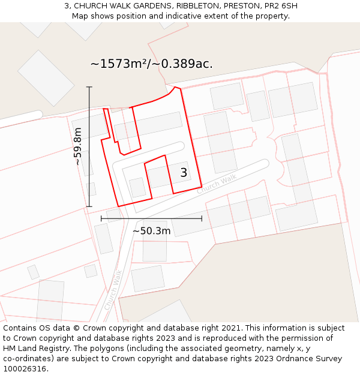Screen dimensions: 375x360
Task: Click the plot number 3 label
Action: click(x=184, y=173)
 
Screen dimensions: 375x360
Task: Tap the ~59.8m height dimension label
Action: click(x=78, y=146)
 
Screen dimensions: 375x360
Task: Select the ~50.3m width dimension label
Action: click(x=152, y=231)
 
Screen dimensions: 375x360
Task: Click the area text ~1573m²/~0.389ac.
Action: click(x=152, y=64)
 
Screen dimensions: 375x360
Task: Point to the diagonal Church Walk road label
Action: click(x=217, y=184)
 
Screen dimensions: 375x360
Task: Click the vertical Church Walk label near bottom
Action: click(x=113, y=290)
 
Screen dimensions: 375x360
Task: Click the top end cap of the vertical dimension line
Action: click(x=89, y=87)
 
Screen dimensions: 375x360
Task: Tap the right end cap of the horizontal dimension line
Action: click(x=202, y=218)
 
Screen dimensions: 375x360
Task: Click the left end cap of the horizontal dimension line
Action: click(x=101, y=218)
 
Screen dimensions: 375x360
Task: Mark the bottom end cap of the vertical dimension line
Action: click(x=89, y=207)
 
